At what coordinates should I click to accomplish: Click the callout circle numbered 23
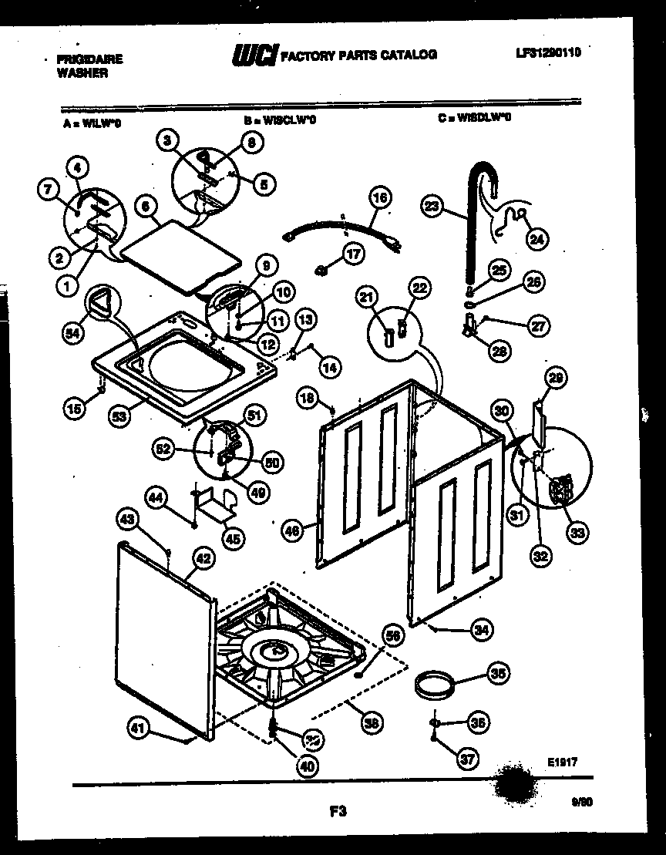(x=432, y=205)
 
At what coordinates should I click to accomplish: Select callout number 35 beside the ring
(x=499, y=673)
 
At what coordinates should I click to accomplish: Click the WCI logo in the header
(x=254, y=56)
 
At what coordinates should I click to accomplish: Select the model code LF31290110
(x=548, y=52)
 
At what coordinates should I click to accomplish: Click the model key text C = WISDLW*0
(x=474, y=118)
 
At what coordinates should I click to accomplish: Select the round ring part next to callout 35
(x=434, y=682)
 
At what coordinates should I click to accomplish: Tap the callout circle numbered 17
(x=352, y=254)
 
